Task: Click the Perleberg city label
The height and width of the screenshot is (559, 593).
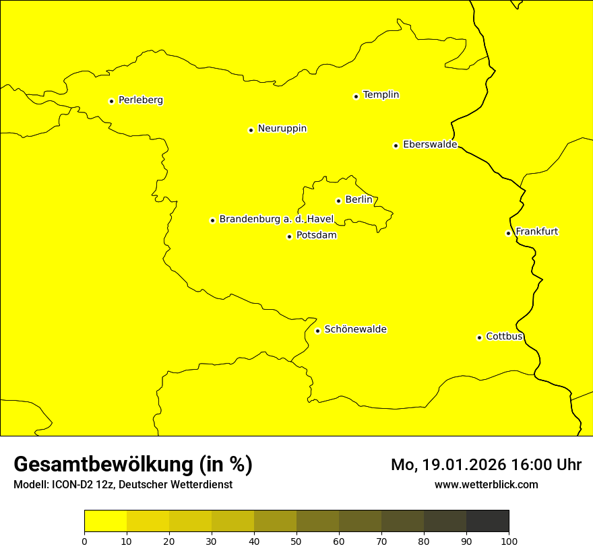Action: pyautogui.click(x=140, y=100)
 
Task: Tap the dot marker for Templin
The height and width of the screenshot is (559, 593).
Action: pyautogui.click(x=356, y=96)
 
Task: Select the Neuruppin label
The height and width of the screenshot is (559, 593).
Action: pyautogui.click(x=282, y=129)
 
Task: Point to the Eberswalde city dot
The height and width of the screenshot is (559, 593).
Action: pyautogui.click(x=396, y=145)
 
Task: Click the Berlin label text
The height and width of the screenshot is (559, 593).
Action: pyautogui.click(x=358, y=200)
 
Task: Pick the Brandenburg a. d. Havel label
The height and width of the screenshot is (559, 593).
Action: pyautogui.click(x=276, y=220)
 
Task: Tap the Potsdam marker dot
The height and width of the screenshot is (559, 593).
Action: pyautogui.click(x=289, y=236)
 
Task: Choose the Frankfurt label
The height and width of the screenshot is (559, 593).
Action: pyautogui.click(x=536, y=232)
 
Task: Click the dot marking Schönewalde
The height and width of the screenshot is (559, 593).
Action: pyautogui.click(x=317, y=331)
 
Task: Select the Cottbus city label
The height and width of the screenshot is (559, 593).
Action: pyautogui.click(x=504, y=336)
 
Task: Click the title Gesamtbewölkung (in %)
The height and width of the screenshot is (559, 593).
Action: pyautogui.click(x=133, y=465)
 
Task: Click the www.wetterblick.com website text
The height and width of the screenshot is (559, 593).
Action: pyautogui.click(x=486, y=485)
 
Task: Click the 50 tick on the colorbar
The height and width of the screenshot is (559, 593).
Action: pyautogui.click(x=296, y=541)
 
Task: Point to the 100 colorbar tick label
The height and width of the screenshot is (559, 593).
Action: pyautogui.click(x=509, y=541)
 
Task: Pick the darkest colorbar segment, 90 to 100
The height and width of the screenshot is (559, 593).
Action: pyautogui.click(x=487, y=521)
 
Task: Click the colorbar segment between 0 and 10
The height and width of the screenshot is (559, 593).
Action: pyautogui.click(x=105, y=521)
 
